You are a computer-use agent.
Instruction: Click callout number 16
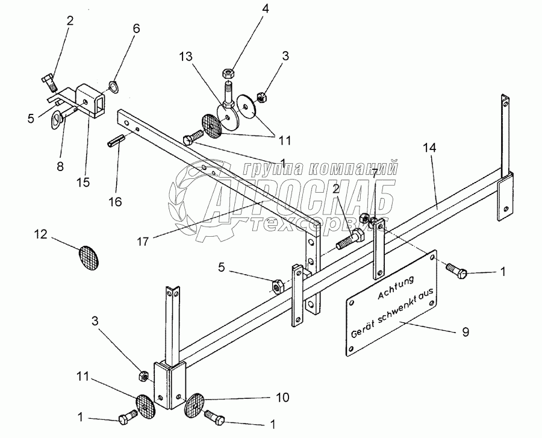tap(115, 201)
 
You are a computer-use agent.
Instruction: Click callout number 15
tap(84, 181)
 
